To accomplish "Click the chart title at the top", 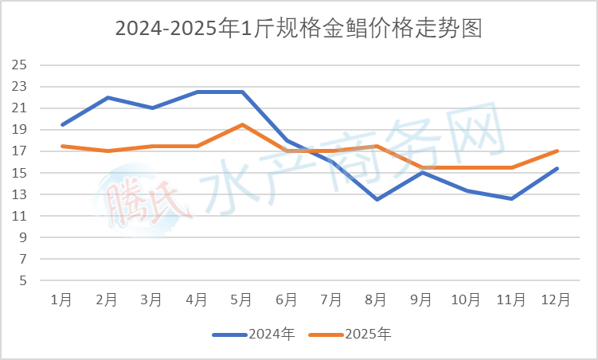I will pos(299,29).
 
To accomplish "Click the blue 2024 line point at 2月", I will pos(107,97).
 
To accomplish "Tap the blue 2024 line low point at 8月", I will pos(377,199).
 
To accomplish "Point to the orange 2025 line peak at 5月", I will pos(241,124).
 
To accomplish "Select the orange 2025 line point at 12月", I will pos(557,151).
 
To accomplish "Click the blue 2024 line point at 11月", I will pos(511,198).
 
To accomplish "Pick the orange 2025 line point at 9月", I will pos(421,167).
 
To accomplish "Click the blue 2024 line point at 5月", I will pos(241,92).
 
